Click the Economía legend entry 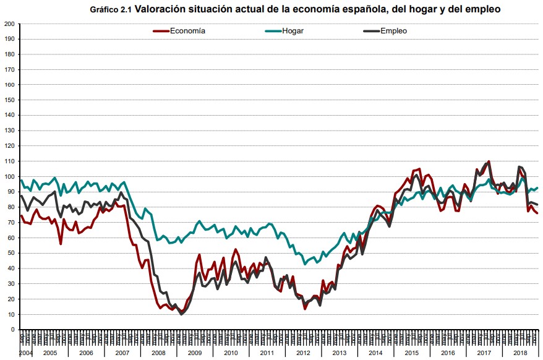click(x=188, y=30)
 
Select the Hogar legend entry click(x=293, y=30)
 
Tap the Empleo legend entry click(x=393, y=30)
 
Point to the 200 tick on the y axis click(x=9, y=24)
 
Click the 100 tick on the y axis click(x=9, y=176)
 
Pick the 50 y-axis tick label click(x=11, y=253)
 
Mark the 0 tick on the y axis click(x=13, y=330)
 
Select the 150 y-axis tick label click(x=9, y=100)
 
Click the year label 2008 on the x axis click(x=158, y=353)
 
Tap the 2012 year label click(x=303, y=353)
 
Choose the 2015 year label click(x=411, y=353)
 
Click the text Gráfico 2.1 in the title click(x=111, y=10)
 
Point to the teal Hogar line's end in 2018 click(x=536, y=188)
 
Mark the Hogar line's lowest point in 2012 click(x=304, y=264)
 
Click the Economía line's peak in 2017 click(x=489, y=161)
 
